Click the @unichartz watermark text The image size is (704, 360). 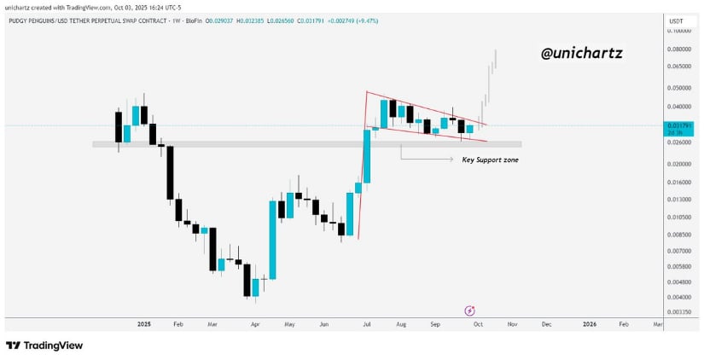[582, 54]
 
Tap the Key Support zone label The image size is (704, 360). [490, 160]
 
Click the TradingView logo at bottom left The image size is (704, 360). [44, 345]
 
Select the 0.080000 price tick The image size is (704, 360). [679, 49]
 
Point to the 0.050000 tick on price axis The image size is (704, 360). [679, 88]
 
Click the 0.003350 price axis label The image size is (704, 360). [679, 312]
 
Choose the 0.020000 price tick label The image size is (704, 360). [679, 164]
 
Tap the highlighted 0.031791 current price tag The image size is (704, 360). [678, 125]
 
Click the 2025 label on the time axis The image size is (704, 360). [143, 325]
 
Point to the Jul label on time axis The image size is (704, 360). [366, 325]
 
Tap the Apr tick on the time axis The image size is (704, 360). [254, 325]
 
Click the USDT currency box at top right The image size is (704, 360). [677, 20]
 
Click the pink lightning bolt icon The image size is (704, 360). [469, 311]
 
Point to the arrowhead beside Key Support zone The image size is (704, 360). [452, 159]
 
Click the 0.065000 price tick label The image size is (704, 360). [679, 66]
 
